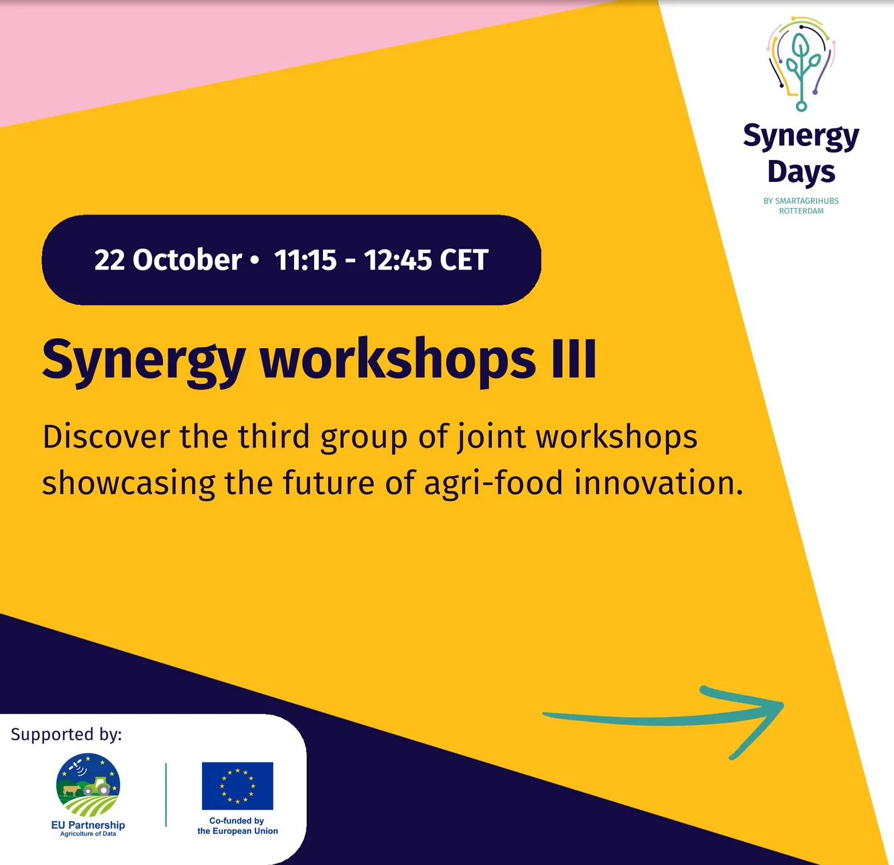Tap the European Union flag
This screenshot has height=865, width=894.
pyautogui.click(x=237, y=786)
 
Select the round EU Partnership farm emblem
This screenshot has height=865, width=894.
pyautogui.click(x=88, y=785)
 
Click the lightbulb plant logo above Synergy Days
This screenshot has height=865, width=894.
pyautogui.click(x=801, y=64)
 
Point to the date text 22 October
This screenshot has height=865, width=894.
pyautogui.click(x=167, y=260)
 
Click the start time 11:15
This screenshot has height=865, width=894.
pyautogui.click(x=305, y=260)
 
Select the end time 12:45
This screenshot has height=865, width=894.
pyautogui.click(x=398, y=260)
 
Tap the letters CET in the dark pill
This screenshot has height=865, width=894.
pyautogui.click(x=464, y=260)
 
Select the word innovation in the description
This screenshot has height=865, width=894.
pyautogui.click(x=658, y=483)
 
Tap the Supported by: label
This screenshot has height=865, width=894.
pyautogui.click(x=66, y=735)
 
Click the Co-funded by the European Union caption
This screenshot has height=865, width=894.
pyautogui.click(x=237, y=826)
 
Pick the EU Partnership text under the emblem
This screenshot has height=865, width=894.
pyautogui.click(x=88, y=825)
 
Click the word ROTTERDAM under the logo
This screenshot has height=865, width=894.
pyautogui.click(x=801, y=212)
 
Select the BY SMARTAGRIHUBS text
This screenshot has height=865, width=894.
pyautogui.click(x=801, y=201)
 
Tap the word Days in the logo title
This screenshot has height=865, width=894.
pyautogui.click(x=801, y=172)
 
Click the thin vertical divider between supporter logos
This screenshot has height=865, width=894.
pyautogui.click(x=166, y=794)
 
